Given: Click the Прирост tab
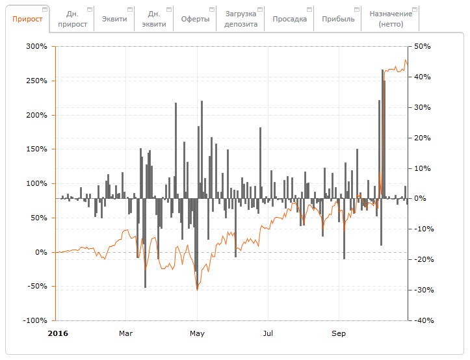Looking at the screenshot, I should pos(27,19).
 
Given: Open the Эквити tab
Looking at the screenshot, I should pos(114,19).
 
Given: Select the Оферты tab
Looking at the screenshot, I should pos(196,19).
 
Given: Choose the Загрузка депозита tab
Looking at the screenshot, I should pos(241,19).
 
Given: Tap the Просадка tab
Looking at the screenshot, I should pos(290,19).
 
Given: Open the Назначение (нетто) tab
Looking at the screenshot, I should pos(390,19).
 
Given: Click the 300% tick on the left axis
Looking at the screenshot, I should pos(36,47).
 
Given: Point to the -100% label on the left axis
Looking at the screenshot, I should pos(34,321).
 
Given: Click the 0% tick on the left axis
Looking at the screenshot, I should pos(40,252).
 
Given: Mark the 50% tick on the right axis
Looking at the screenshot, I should pos(423,47).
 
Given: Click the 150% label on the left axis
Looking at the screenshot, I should pos(36,149).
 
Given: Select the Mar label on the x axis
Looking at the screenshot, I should pos(126,333).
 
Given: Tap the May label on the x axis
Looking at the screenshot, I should pos(197,333).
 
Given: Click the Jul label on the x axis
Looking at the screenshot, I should pos(268,333).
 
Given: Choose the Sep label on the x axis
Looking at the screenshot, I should pos(339,333).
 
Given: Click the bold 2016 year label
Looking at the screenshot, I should pos(59,333).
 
